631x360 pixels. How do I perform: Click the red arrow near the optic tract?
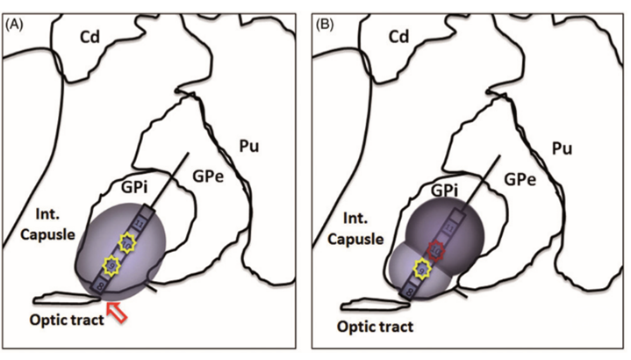(115, 310)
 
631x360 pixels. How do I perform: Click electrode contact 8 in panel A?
(100, 285)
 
